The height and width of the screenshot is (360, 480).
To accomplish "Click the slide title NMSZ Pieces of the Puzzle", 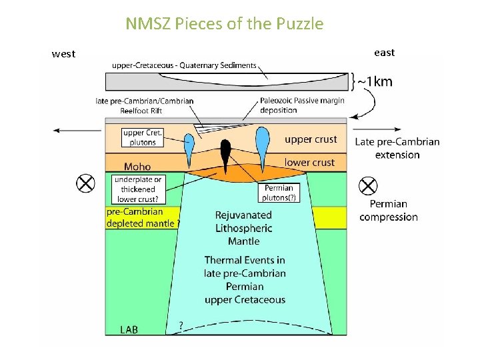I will (x=225, y=25).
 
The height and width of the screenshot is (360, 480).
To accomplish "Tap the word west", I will (x=64, y=54).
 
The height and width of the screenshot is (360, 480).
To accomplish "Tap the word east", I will (x=384, y=53).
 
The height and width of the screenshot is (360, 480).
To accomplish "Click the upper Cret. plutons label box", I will (x=143, y=137).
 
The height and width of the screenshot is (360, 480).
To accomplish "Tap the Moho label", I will (x=137, y=167).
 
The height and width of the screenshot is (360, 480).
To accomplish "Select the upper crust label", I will (x=311, y=139).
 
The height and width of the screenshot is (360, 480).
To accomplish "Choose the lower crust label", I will (x=309, y=163).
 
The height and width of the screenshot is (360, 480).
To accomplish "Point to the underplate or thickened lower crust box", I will (x=138, y=189).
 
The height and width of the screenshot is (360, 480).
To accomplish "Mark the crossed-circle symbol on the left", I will (x=85, y=183).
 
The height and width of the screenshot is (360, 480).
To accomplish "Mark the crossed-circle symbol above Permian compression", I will (x=368, y=186).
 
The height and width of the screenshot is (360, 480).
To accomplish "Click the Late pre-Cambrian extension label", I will (x=397, y=148).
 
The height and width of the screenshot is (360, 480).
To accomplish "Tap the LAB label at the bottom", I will (x=129, y=329).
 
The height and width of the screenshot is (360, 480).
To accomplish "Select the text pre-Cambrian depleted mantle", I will (x=142, y=217).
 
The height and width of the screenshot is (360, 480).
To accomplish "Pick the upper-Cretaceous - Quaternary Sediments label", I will (x=184, y=65).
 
